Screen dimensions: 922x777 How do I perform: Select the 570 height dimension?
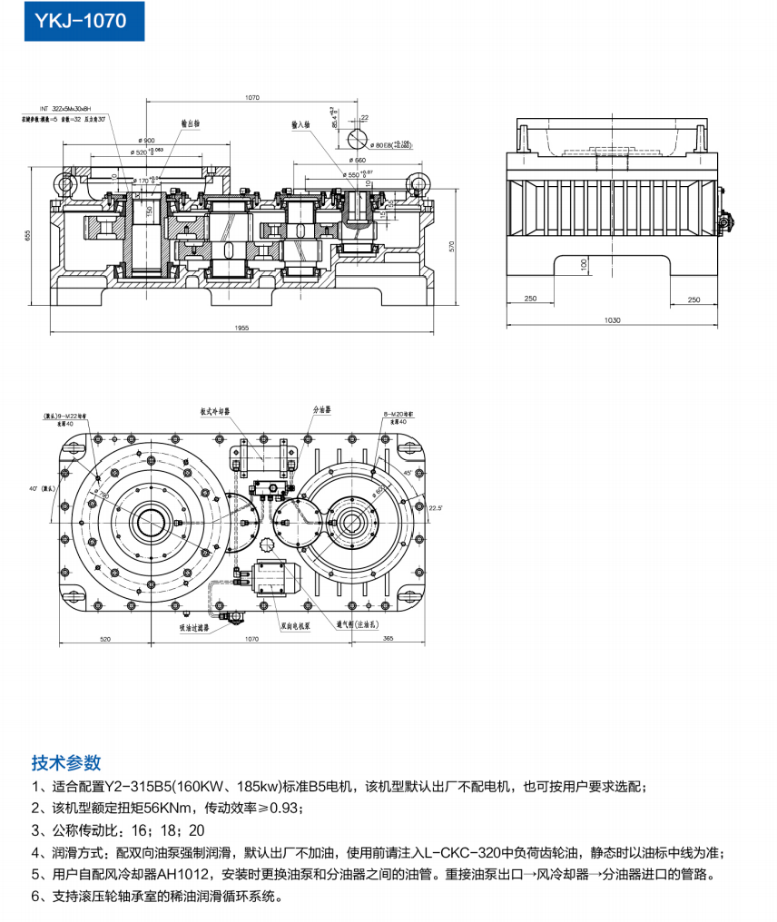[x=452, y=245]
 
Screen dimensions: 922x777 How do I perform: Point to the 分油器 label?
[x=321, y=410]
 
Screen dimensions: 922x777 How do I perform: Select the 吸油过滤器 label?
[x=194, y=626]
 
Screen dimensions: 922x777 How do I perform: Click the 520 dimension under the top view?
[x=105, y=640]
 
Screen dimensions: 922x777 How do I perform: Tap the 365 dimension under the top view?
[x=388, y=640]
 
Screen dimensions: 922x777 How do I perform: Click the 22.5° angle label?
[x=435, y=508]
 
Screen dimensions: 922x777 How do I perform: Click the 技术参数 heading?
[x=66, y=762]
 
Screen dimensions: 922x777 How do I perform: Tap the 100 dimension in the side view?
[x=584, y=262]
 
